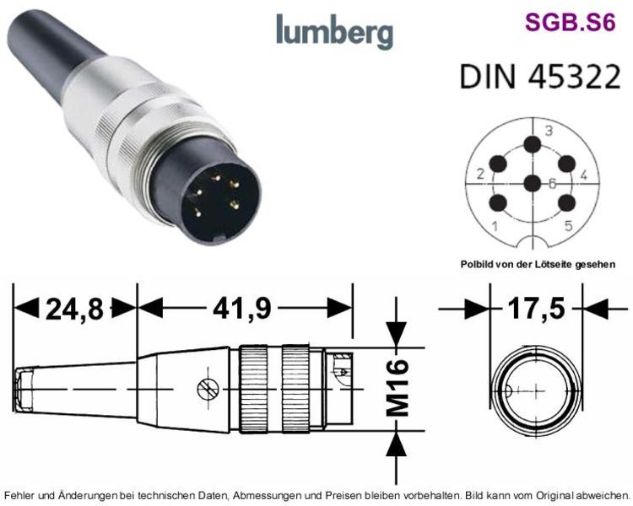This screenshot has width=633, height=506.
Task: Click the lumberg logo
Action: [334, 31]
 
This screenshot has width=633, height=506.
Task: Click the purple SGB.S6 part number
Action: [570, 22]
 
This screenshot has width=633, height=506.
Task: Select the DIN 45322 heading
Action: [540, 76]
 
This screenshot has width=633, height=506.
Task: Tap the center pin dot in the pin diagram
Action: [533, 184]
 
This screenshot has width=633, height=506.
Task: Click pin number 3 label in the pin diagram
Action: [549, 131]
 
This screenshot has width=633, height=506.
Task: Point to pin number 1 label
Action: [495, 226]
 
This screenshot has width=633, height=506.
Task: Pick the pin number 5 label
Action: [568, 225]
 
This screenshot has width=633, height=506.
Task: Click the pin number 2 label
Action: [480, 174]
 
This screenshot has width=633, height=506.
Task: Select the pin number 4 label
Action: [584, 175]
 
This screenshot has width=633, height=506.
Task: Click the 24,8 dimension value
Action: [74, 310]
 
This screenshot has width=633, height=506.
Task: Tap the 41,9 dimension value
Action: [242, 310]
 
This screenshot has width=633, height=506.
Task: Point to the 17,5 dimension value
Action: [536, 309]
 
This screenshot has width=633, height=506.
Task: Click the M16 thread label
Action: [398, 387]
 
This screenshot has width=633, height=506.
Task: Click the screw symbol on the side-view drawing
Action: [208, 390]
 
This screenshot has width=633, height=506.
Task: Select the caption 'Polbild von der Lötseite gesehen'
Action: [538, 265]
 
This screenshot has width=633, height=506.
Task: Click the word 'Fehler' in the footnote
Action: [18, 495]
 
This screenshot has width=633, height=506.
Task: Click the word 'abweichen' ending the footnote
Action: [608, 495]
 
